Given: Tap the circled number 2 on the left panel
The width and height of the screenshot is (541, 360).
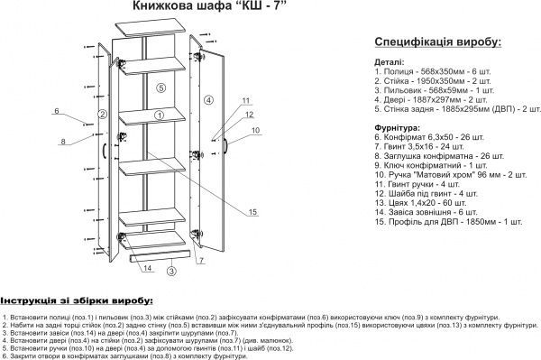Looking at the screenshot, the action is pyautogui.click(x=103, y=115).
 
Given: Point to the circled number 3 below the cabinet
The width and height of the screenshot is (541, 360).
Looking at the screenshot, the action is pyautogui.click(x=171, y=269).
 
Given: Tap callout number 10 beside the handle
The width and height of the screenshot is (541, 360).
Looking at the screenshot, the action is pyautogui.click(x=255, y=131).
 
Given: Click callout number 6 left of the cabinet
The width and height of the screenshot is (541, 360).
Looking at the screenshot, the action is pyautogui.click(x=56, y=110).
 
